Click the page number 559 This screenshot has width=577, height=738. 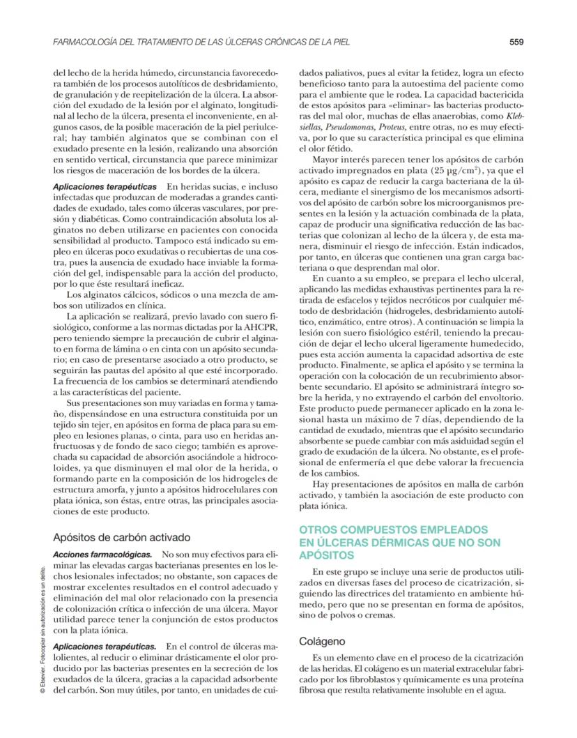(x=516, y=42)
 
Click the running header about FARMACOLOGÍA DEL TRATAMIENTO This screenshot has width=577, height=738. (x=201, y=42)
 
